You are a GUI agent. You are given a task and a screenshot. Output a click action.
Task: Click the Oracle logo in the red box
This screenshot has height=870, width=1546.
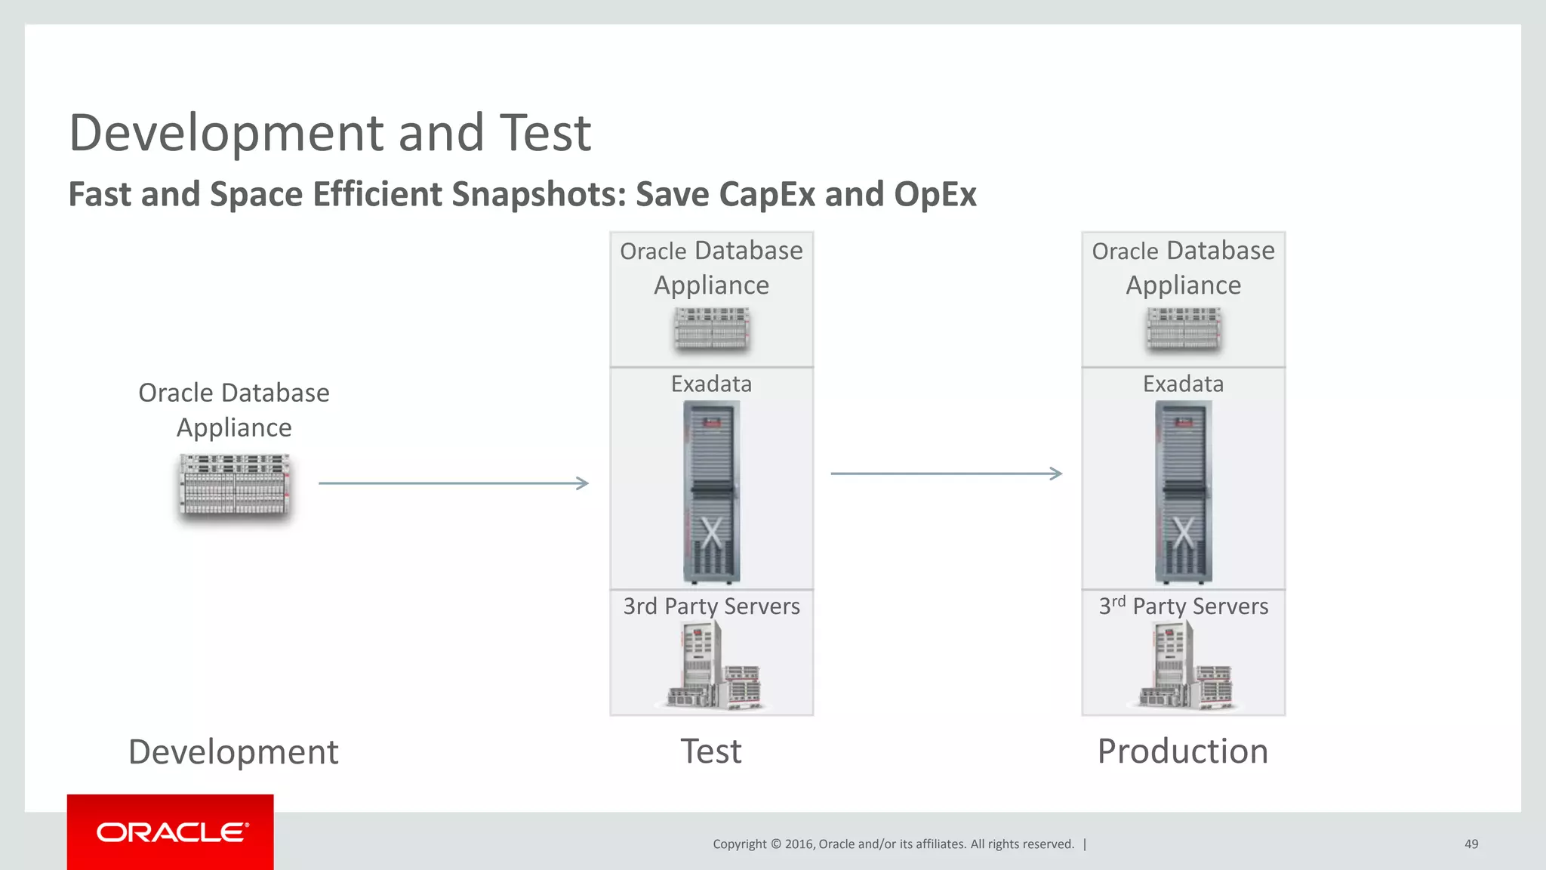[172, 832]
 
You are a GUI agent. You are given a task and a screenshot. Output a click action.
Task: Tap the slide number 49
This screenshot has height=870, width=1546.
[1471, 844]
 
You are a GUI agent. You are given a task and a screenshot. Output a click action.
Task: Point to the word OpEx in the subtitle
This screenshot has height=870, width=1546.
[935, 194]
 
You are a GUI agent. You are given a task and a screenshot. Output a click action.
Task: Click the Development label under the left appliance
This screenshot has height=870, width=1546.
[233, 752]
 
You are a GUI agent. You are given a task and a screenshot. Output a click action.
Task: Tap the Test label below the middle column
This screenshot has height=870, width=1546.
[711, 751]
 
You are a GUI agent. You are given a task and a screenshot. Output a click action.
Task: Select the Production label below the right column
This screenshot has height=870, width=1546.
[1182, 751]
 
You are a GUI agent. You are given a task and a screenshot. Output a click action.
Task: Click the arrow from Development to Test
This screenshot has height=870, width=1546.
[453, 483]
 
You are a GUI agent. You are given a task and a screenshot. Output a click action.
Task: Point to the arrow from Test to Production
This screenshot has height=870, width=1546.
[946, 474]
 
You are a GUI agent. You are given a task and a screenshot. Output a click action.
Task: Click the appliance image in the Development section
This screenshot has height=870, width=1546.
[235, 484]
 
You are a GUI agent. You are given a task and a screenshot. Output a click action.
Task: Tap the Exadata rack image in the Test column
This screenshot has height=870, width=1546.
[711, 492]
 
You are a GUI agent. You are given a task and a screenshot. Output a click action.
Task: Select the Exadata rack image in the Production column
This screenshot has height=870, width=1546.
[1183, 492]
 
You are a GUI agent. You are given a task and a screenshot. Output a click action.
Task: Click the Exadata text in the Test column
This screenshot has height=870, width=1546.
[711, 384]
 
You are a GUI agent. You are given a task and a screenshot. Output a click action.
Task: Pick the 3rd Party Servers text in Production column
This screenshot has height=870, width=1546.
[1183, 606]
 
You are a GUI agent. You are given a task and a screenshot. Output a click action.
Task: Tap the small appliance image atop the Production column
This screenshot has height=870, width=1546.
[1183, 329]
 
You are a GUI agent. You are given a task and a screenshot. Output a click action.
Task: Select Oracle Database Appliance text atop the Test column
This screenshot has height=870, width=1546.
[711, 267]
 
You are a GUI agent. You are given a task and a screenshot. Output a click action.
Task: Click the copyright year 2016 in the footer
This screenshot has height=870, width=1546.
[799, 844]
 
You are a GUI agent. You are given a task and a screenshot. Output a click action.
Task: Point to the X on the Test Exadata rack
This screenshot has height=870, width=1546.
[711, 532]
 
